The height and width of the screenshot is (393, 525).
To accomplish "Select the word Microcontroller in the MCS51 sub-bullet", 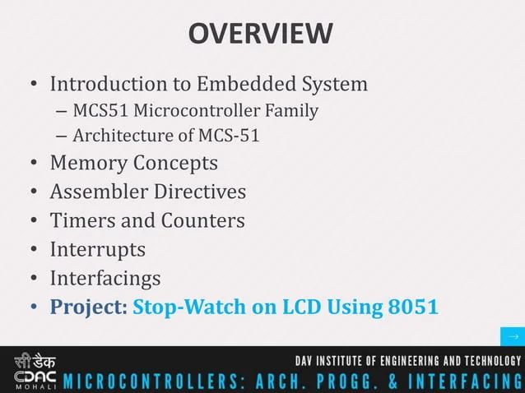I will [196, 110].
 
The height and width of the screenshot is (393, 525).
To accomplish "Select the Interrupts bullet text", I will [98, 249].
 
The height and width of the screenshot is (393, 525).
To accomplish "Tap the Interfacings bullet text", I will [105, 278].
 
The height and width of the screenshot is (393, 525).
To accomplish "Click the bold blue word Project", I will [86, 307].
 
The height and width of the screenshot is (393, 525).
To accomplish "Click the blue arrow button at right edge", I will [513, 337].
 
